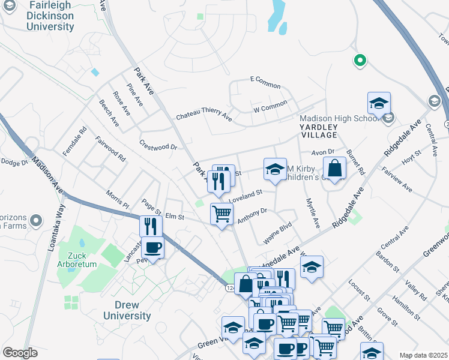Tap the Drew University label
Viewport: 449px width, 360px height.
pyautogui.click(x=127, y=310)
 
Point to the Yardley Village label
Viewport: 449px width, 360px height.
pyautogui.click(x=319, y=131)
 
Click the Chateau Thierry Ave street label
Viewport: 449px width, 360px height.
pyautogui.click(x=203, y=115)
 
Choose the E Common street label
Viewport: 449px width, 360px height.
pyautogui.click(x=265, y=80)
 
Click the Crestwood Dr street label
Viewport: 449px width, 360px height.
pyautogui.click(x=158, y=145)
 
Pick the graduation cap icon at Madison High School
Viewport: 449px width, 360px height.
pyautogui.click(x=379, y=103)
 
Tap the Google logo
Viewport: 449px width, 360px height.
pyautogui.click(x=20, y=353)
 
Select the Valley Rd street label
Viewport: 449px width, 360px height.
pyautogui.click(x=415, y=290)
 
